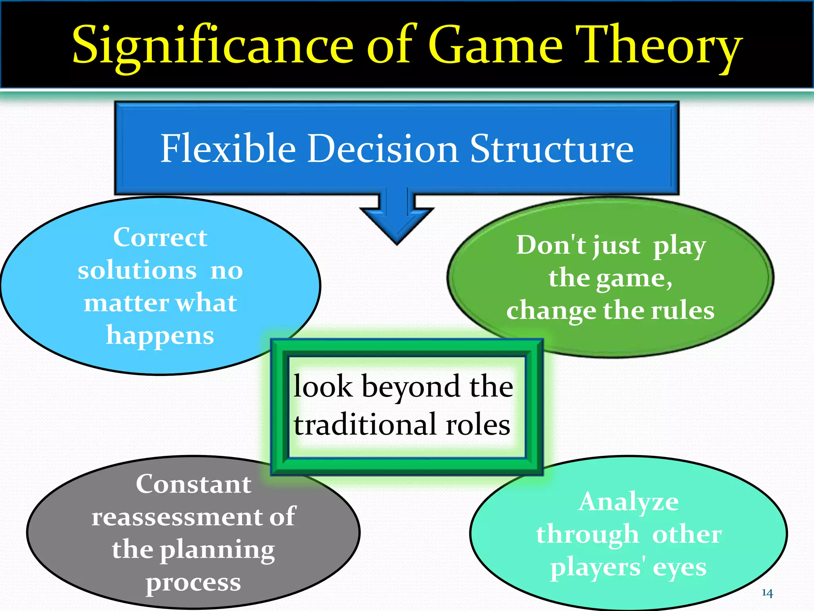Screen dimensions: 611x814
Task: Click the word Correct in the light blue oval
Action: (160, 237)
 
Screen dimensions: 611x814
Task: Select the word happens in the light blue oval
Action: (160, 335)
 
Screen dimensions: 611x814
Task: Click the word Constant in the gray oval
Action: (194, 484)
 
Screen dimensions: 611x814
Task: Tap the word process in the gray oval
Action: (194, 582)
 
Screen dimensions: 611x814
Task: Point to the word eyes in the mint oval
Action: (679, 567)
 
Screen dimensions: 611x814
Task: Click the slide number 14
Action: (767, 593)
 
